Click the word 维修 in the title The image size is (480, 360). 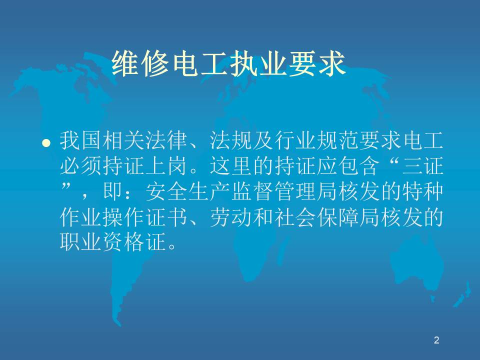[x=140, y=63]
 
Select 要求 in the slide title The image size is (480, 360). [x=317, y=63]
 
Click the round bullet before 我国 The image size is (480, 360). [x=46, y=143]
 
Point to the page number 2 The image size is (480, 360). [x=436, y=340]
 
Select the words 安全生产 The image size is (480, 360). [x=188, y=191]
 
